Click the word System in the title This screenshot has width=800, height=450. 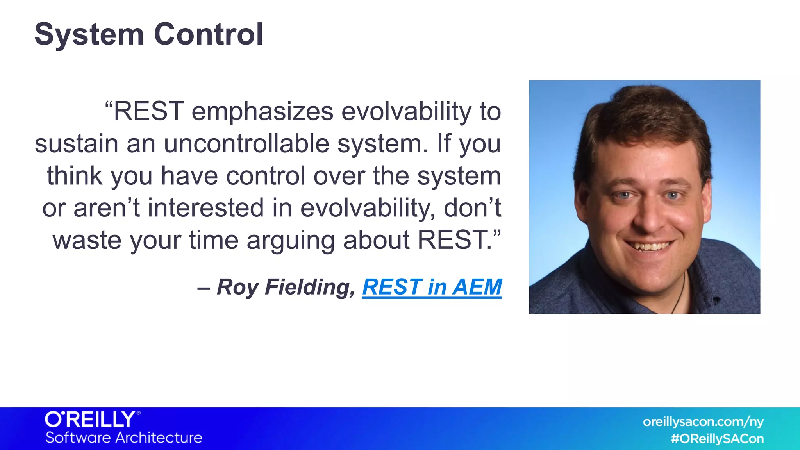[x=89, y=34]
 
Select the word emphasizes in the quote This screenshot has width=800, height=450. [x=262, y=112]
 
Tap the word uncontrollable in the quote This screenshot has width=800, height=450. [x=246, y=144]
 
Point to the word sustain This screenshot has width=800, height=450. [x=76, y=144]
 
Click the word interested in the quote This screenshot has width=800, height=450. [x=205, y=208]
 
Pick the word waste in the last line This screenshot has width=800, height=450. [x=87, y=240]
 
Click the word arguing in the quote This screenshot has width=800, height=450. [x=290, y=241]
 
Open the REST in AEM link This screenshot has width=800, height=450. [x=432, y=287]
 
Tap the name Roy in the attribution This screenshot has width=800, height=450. [x=236, y=287]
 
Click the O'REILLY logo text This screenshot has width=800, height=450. [x=91, y=420]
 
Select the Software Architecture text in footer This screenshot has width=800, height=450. [x=124, y=437]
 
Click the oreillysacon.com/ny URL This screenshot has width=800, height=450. [x=703, y=422]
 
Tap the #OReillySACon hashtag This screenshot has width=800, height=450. [x=717, y=439]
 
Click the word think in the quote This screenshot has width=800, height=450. [x=75, y=176]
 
